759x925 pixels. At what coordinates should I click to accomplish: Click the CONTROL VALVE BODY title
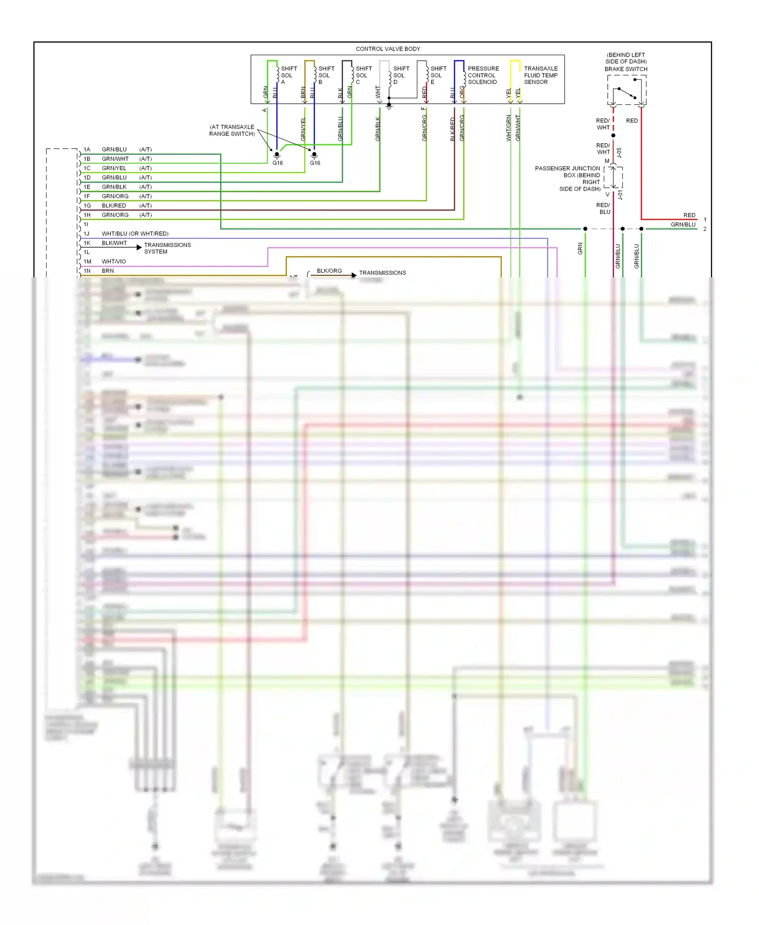pyautogui.click(x=388, y=49)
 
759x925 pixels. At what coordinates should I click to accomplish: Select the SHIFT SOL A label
pyautogui.click(x=288, y=75)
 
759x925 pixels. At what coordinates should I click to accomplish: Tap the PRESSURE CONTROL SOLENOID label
pyautogui.click(x=483, y=75)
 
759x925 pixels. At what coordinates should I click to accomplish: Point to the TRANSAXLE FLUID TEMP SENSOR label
pyautogui.click(x=540, y=75)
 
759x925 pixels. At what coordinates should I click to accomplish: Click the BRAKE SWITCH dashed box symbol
pyautogui.click(x=626, y=90)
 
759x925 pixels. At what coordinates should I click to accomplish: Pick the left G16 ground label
pyautogui.click(x=277, y=163)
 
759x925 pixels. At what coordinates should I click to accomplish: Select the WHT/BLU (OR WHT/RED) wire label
pyautogui.click(x=135, y=234)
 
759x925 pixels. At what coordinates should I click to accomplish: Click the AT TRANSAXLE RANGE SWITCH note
pyautogui.click(x=232, y=131)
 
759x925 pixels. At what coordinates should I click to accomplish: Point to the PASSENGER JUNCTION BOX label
pyautogui.click(x=567, y=179)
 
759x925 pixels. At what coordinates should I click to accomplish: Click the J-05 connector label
pyautogui.click(x=619, y=152)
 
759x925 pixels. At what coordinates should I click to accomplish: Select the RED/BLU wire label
pyautogui.click(x=603, y=208)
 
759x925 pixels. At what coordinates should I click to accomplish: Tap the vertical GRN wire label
pyautogui.click(x=580, y=248)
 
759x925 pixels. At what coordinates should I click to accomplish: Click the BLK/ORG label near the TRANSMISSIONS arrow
pyautogui.click(x=329, y=271)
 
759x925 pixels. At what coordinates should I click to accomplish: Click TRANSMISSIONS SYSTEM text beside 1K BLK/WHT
pyautogui.click(x=167, y=248)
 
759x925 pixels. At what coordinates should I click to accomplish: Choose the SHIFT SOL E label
pyautogui.click(x=438, y=75)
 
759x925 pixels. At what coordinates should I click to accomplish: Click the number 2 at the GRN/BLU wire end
pyautogui.click(x=704, y=229)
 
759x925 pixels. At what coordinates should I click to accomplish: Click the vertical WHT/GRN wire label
pyautogui.click(x=509, y=128)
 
